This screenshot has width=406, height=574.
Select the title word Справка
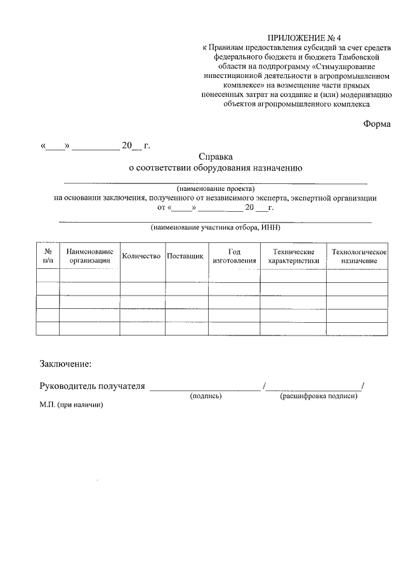click(x=216, y=156)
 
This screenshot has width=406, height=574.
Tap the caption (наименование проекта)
click(x=216, y=189)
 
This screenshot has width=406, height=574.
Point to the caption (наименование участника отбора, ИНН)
click(x=215, y=227)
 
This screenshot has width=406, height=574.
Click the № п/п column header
click(x=48, y=256)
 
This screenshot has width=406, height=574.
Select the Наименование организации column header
click(x=89, y=256)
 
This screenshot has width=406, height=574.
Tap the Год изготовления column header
click(x=235, y=256)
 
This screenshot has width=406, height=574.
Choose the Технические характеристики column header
click(x=293, y=256)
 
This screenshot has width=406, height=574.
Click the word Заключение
click(x=65, y=364)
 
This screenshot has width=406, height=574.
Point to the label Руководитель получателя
click(x=93, y=386)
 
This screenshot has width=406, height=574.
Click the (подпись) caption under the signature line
click(x=206, y=396)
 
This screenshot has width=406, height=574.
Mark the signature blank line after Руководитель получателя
click(x=205, y=388)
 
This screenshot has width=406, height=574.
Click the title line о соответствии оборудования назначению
click(x=216, y=168)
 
